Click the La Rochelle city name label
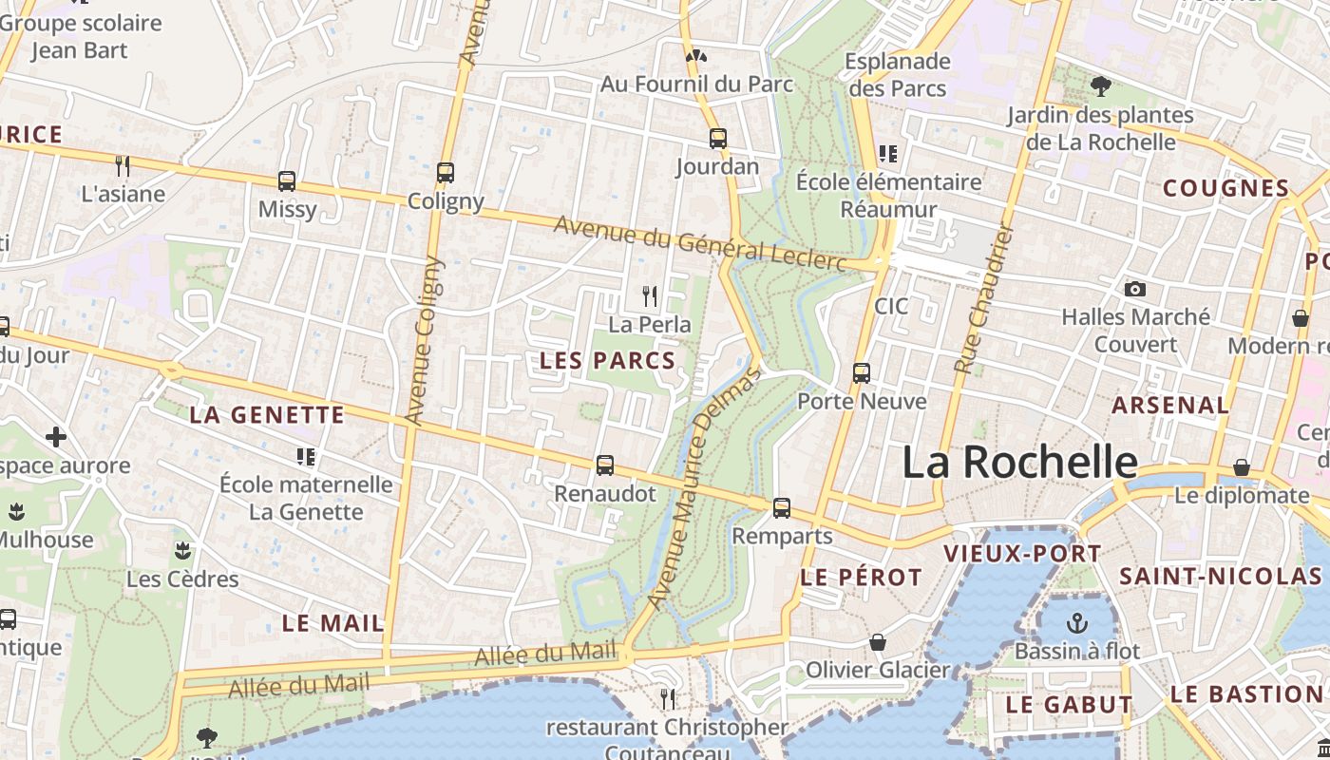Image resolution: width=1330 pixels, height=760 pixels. (x=1019, y=463)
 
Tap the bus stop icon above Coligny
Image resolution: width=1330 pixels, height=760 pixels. (x=445, y=173)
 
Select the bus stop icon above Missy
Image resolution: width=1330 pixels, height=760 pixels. (x=286, y=180)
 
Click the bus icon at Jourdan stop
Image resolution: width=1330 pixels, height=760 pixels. (x=717, y=139)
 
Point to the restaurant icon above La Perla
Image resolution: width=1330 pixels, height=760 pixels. (x=650, y=296)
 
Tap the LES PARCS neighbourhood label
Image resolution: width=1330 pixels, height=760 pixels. (x=607, y=361)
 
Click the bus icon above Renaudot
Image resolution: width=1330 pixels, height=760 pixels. (x=604, y=465)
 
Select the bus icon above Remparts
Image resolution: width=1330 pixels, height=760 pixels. (x=781, y=508)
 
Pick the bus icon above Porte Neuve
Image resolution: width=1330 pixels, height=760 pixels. (x=861, y=373)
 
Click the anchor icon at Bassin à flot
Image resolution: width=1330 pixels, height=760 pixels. (x=1076, y=623)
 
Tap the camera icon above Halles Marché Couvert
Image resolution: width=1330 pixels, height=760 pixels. (x=1134, y=289)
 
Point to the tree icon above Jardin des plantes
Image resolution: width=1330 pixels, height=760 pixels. (x=1100, y=86)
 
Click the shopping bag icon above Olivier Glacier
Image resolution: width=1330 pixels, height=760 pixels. (x=877, y=642)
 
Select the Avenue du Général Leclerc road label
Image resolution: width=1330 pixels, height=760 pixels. (x=699, y=243)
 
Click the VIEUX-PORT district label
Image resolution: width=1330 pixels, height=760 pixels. (x=1022, y=554)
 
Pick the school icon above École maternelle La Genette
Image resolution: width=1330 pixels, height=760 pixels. (x=305, y=457)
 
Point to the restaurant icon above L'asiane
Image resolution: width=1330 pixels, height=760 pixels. (x=122, y=166)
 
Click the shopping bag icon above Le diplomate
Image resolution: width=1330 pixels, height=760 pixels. (x=1241, y=467)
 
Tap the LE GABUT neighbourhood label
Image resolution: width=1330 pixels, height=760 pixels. (x=1069, y=705)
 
